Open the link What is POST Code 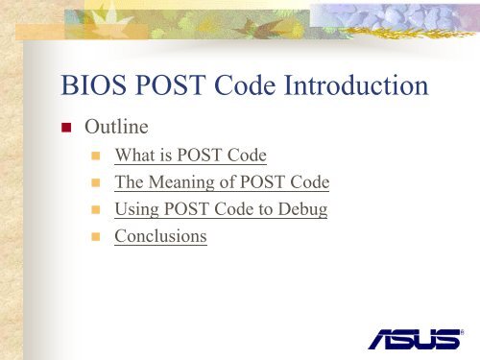click(x=190, y=156)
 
